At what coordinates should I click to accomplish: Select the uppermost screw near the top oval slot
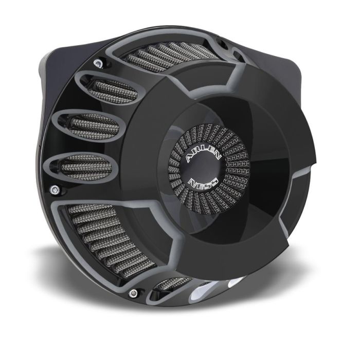[98, 63]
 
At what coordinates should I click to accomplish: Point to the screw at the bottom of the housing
[134, 293]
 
